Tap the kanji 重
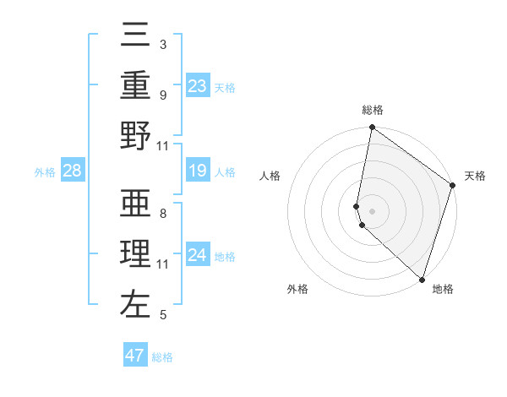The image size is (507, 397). [136, 85]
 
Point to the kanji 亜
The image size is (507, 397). [136, 204]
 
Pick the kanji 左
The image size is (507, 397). [136, 302]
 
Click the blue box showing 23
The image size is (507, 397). [198, 85]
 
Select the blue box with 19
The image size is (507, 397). [198, 171]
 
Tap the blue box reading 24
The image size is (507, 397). [198, 254]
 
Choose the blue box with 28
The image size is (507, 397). [73, 171]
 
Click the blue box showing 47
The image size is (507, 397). [135, 356]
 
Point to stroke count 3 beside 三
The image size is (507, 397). [162, 45]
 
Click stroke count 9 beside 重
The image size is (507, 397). [162, 95]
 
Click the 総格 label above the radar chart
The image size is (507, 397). [373, 111]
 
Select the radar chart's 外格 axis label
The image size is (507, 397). [297, 290]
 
